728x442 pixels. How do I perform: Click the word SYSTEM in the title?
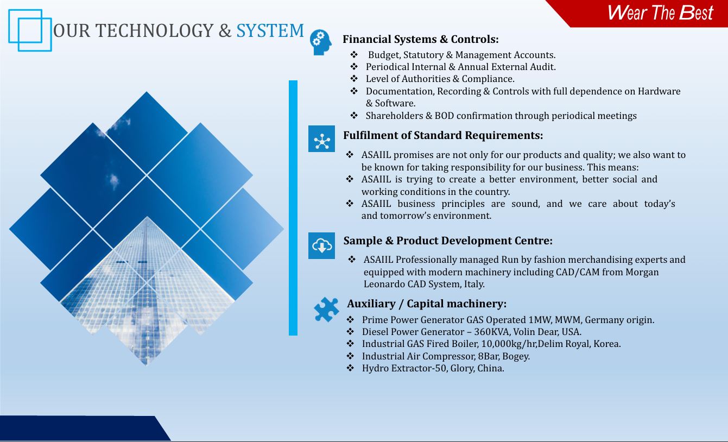[270, 30]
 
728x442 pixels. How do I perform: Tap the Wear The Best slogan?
[660, 12]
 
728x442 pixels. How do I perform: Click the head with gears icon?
[321, 42]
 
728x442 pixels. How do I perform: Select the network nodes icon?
[321, 139]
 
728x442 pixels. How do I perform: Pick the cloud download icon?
[321, 245]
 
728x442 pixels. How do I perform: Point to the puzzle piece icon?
[326, 310]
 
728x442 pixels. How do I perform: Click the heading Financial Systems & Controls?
[421, 39]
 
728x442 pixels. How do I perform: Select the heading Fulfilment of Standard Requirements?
[443, 135]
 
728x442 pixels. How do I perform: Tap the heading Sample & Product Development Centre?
[448, 241]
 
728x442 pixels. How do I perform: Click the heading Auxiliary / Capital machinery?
[427, 304]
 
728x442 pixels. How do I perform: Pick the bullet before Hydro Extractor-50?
[350, 368]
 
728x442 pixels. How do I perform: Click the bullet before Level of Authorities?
[354, 79]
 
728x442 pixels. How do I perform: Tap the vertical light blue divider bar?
[293, 208]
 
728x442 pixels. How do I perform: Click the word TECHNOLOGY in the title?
[154, 30]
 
